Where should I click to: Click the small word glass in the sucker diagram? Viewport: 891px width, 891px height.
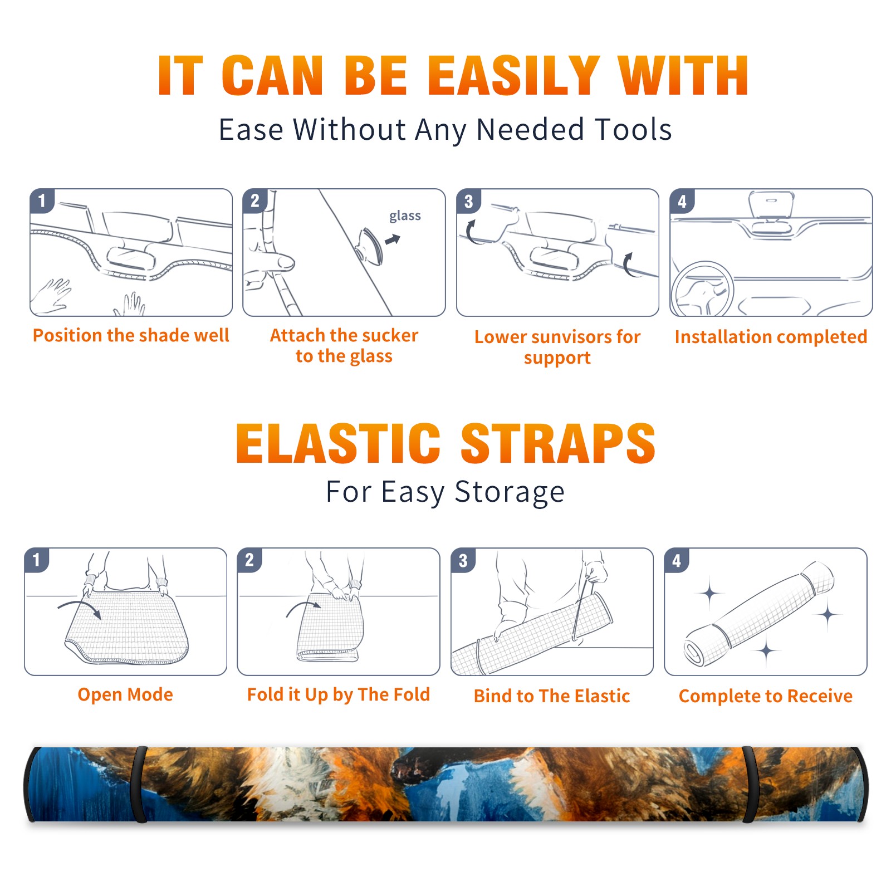pyautogui.click(x=405, y=216)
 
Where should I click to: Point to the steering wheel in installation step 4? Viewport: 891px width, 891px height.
pyautogui.click(x=702, y=288)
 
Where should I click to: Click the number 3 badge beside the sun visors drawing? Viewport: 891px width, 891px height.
pyautogui.click(x=468, y=201)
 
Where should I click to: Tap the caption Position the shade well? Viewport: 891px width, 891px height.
pyautogui.click(x=131, y=335)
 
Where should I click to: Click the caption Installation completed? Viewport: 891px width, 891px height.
pyautogui.click(x=771, y=336)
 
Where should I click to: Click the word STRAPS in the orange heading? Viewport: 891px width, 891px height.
pyautogui.click(x=558, y=443)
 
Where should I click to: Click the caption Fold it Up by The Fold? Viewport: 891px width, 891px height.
pyautogui.click(x=339, y=694)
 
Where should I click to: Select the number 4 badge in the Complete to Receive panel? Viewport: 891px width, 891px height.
pyautogui.click(x=677, y=560)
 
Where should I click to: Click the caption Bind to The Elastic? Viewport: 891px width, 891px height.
pyautogui.click(x=552, y=696)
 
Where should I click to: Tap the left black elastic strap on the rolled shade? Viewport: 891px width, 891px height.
pyautogui.click(x=139, y=784)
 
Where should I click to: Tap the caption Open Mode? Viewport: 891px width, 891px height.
pyautogui.click(x=125, y=694)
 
